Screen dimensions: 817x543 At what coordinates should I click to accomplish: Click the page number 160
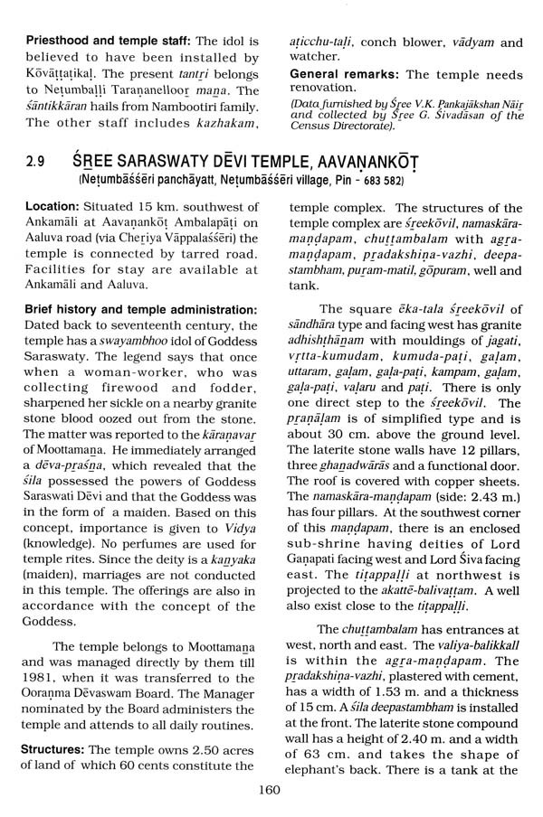(270, 789)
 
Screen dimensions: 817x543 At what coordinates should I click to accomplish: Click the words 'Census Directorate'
(347, 126)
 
